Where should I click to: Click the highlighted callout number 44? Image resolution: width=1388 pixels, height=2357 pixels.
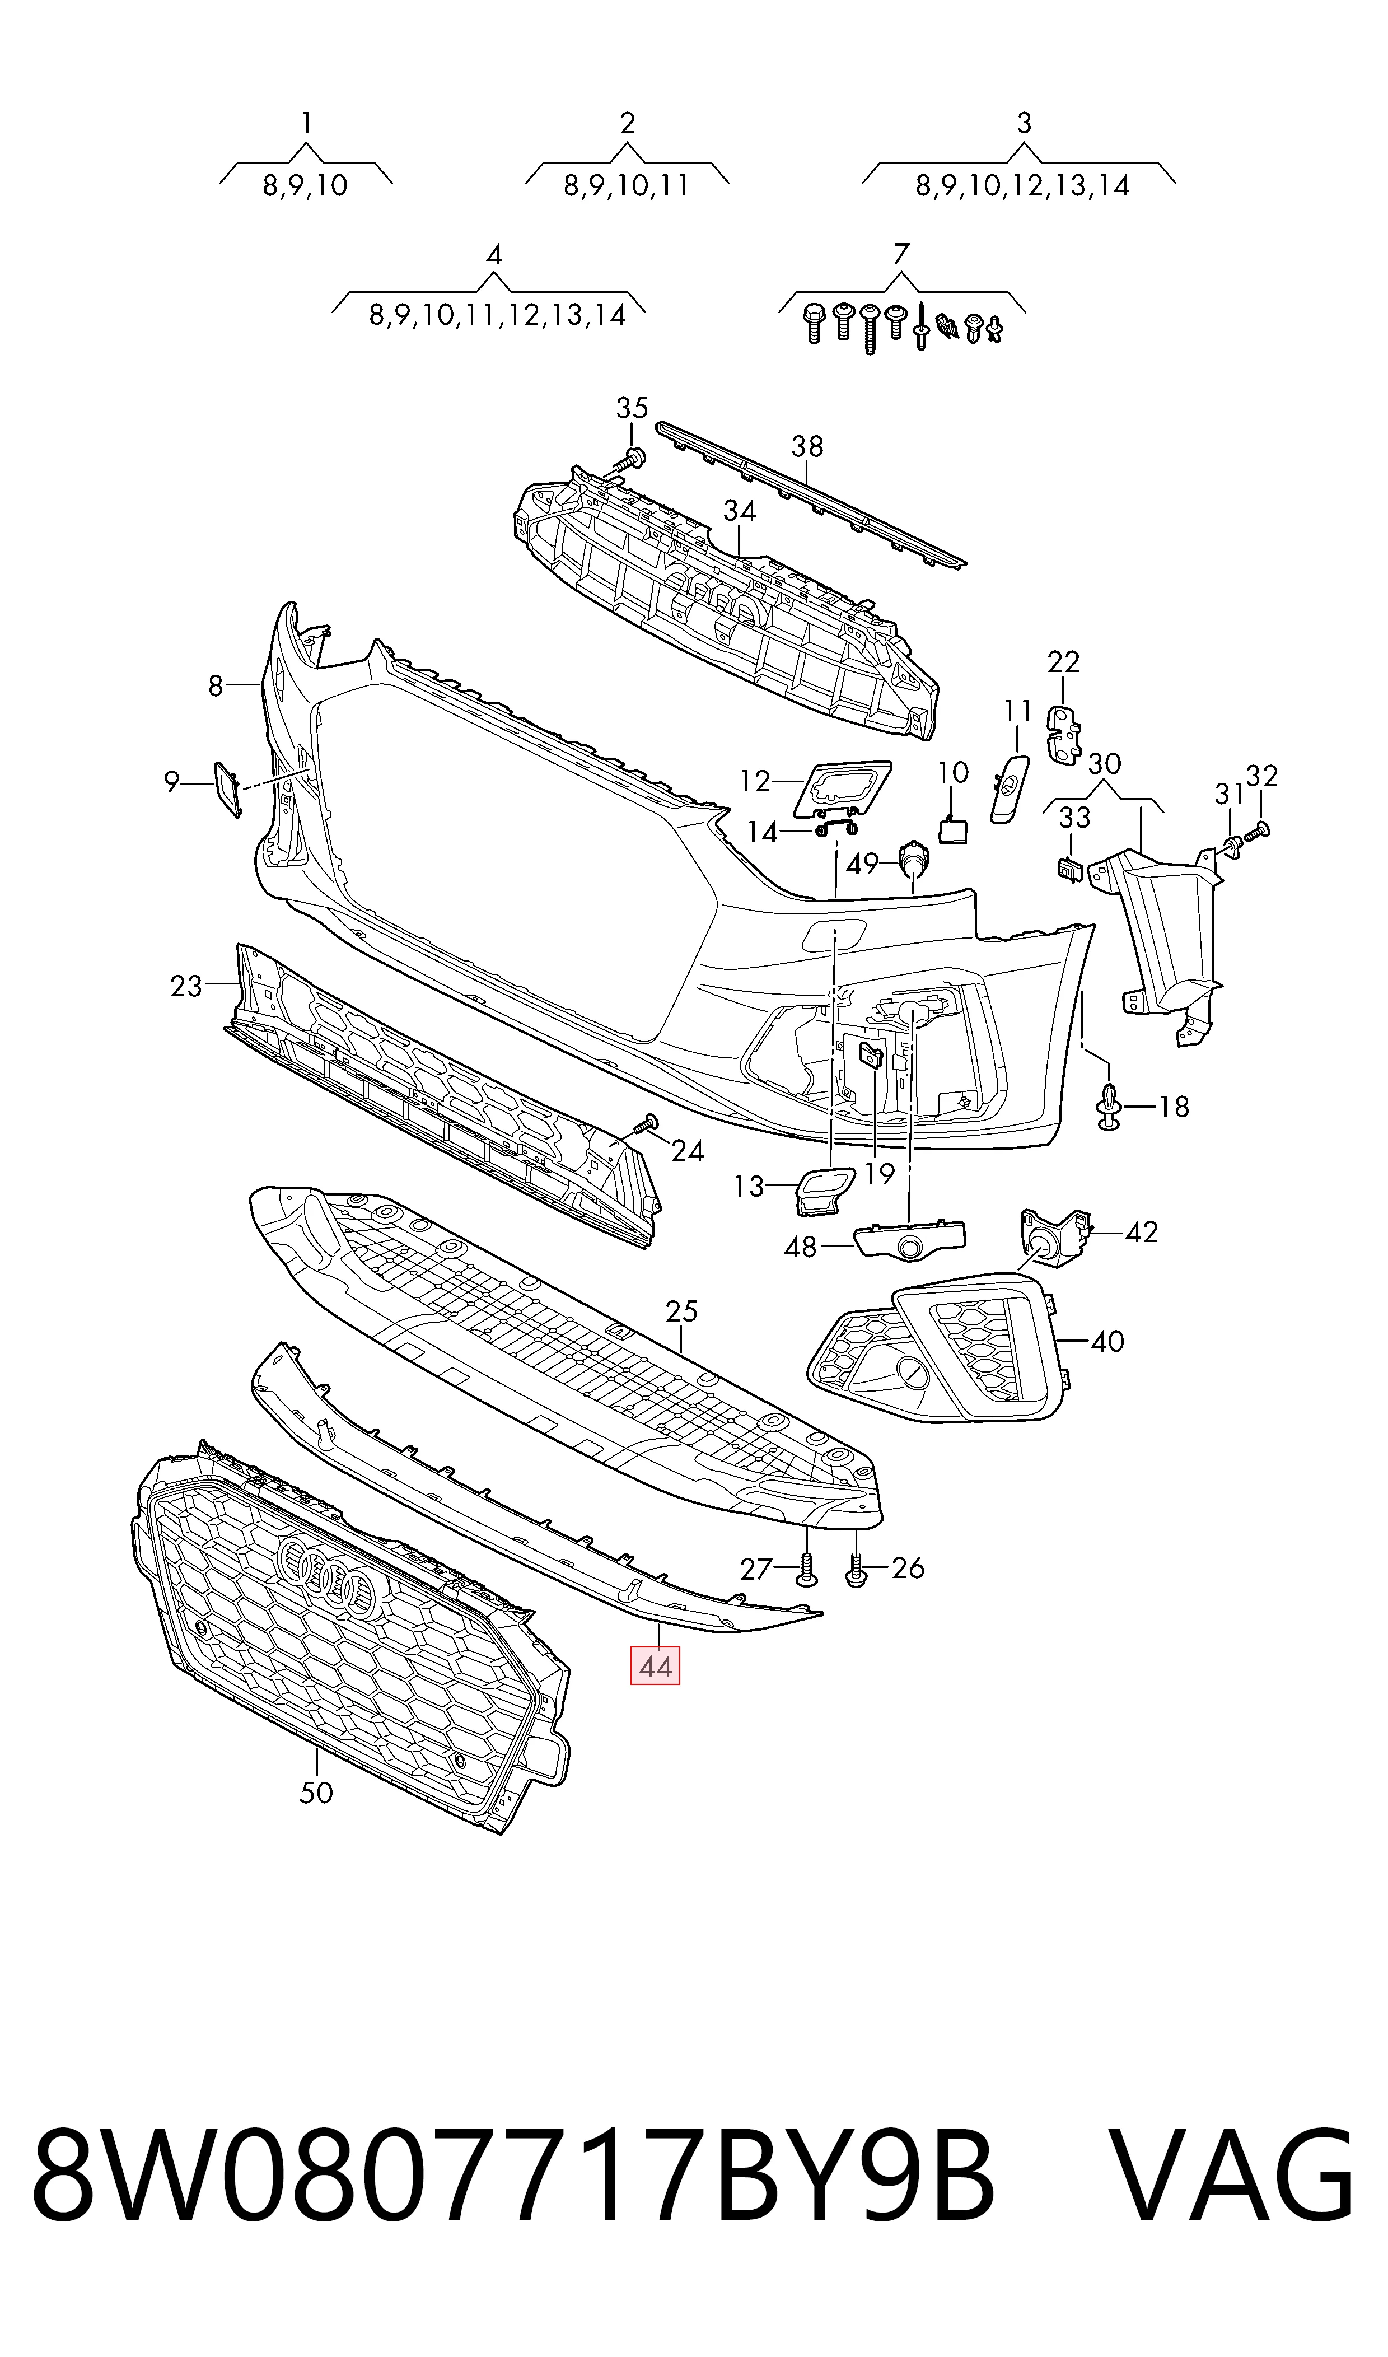(655, 1666)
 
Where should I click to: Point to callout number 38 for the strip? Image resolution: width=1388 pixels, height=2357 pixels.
(807, 446)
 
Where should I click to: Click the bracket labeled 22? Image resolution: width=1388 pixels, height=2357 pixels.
(1063, 734)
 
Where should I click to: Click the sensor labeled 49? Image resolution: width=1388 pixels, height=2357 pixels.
(912, 858)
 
